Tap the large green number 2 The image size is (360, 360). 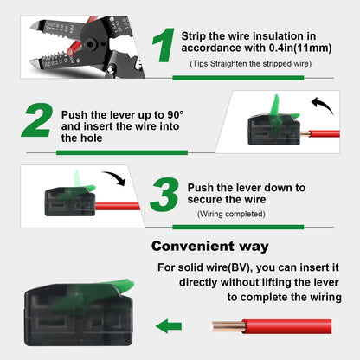(37, 123)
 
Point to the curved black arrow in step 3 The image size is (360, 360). (112, 180)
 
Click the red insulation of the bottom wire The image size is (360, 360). (286, 326)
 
